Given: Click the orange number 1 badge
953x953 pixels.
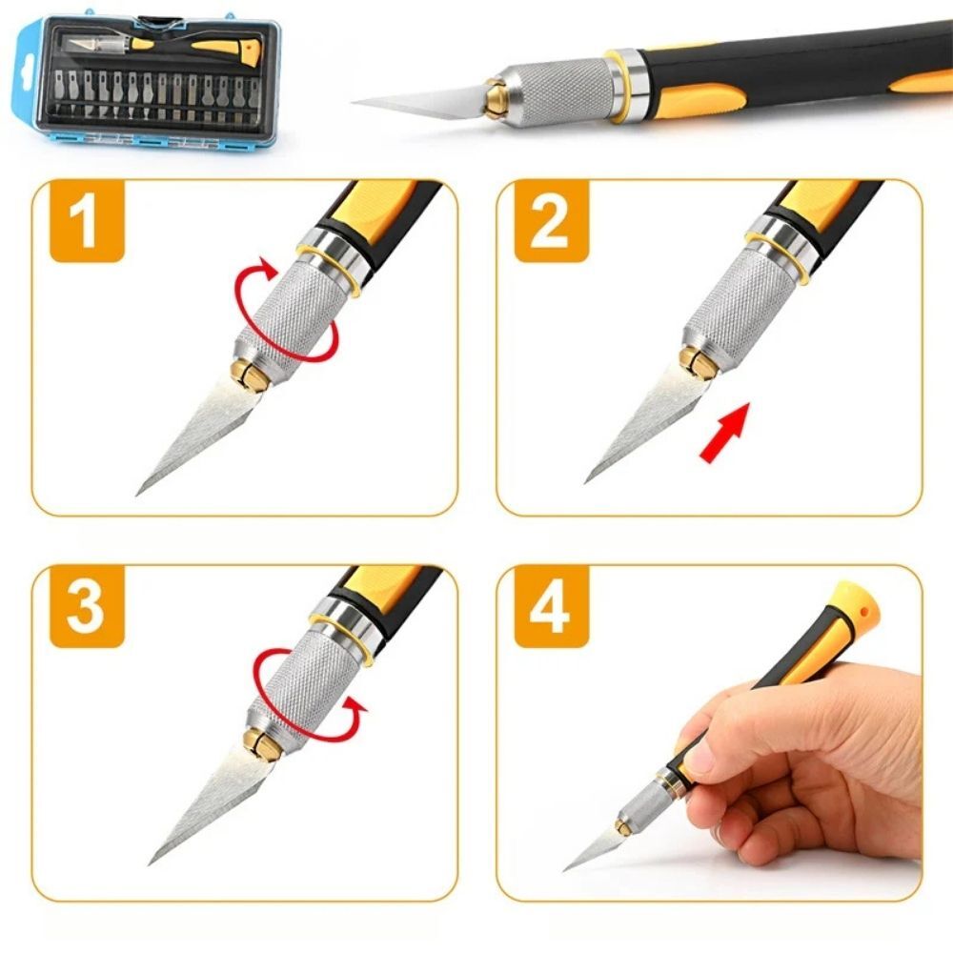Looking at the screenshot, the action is coord(87,221).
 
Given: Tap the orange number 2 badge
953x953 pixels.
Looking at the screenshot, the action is coord(552,221).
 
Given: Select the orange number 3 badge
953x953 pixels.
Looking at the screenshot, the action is coord(87,606).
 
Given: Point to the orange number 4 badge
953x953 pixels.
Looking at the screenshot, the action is coord(552,606).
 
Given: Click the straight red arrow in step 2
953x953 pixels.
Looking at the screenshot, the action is coord(725,432).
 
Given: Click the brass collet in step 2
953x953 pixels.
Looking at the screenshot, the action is coord(697,363).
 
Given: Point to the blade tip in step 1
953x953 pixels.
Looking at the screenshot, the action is coord(137,494).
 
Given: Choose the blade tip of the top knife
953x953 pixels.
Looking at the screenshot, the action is coord(354,102).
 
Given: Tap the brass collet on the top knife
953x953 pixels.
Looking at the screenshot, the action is coord(495,97).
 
